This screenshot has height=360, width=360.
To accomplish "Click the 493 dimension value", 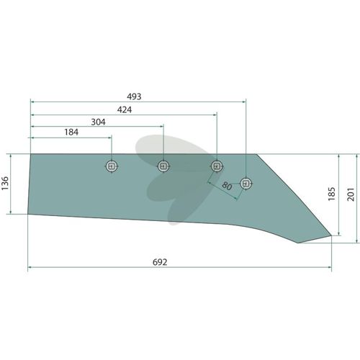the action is [x=134, y=96].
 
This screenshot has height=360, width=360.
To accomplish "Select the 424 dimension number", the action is [x=125, y=110].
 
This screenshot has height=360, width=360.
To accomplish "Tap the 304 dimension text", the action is [x=98, y=122].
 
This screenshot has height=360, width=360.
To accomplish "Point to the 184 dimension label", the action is [x=71, y=132].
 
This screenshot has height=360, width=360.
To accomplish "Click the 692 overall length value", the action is [x=160, y=262].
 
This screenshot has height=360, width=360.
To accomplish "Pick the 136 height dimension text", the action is [x=5, y=183].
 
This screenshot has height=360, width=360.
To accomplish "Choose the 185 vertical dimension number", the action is [x=331, y=194].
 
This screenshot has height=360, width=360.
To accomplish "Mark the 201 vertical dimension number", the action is [x=351, y=194].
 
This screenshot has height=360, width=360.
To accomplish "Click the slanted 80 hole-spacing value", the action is [x=227, y=186].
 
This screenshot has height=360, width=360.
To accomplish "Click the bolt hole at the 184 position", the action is [x=112, y=166].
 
